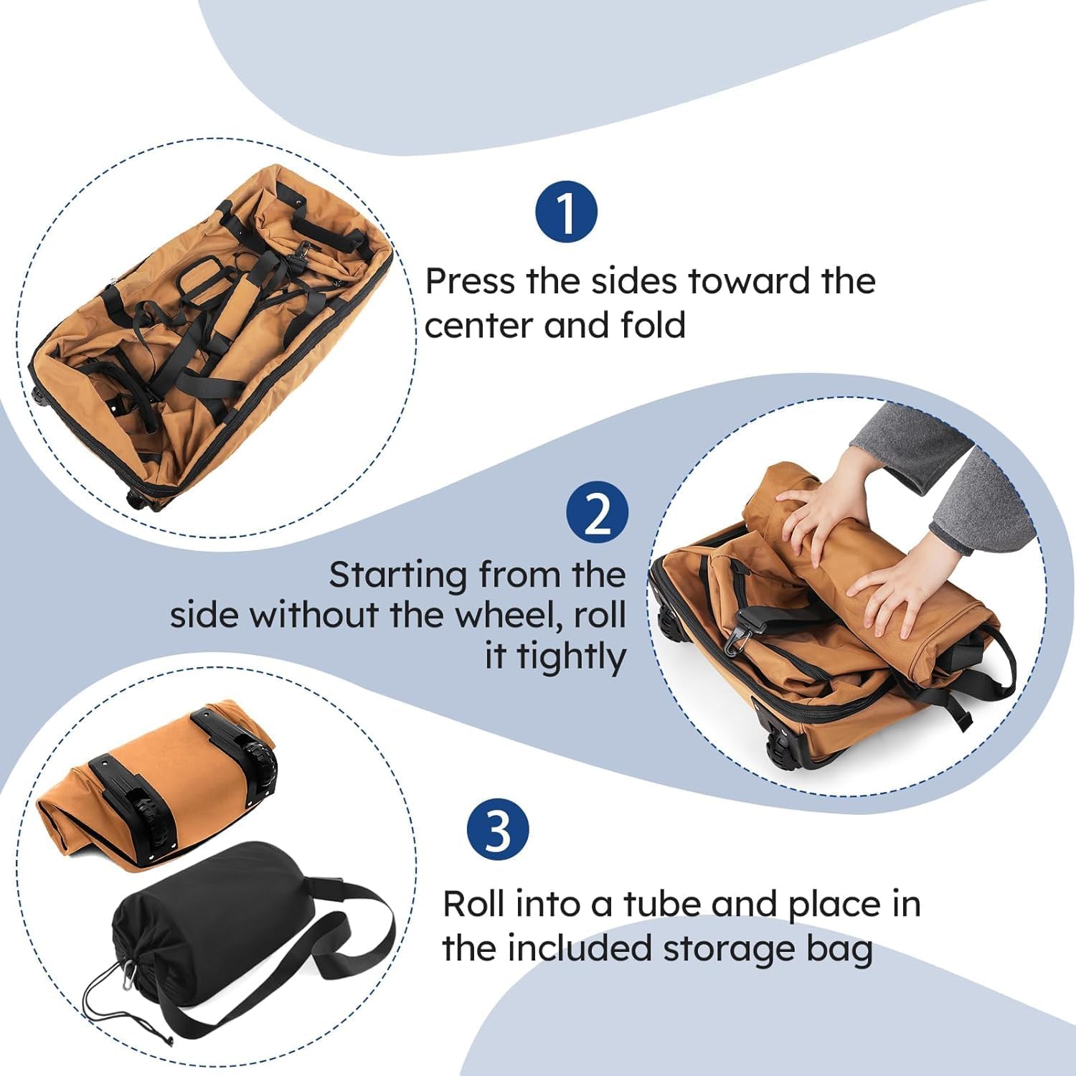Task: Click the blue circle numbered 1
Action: [x=567, y=212]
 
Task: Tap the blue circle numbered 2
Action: [x=597, y=512]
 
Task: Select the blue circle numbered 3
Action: [x=498, y=830]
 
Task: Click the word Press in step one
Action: [x=471, y=281]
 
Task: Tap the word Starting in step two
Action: [x=397, y=575]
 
